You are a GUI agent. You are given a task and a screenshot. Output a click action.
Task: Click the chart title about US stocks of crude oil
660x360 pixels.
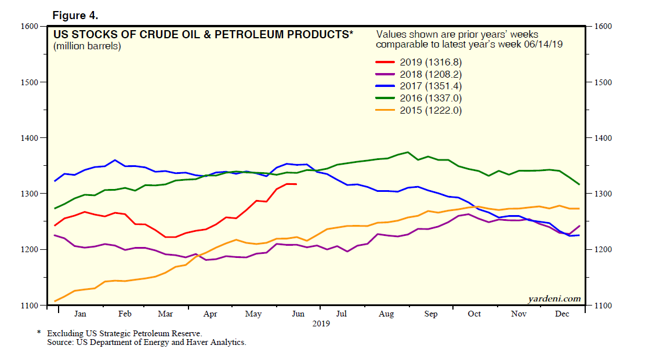[202, 35]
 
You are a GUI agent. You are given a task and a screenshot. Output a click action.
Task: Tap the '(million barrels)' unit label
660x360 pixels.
[87, 46]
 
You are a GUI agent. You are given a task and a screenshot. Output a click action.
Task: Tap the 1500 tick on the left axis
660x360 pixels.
[29, 82]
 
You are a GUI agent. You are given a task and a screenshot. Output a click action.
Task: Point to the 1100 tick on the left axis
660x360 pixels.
[29, 306]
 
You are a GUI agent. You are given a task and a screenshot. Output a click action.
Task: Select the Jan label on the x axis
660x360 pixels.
[80, 314]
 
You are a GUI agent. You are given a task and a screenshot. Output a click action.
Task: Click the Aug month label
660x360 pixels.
[386, 314]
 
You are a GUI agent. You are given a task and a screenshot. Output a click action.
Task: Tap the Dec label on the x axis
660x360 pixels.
[561, 314]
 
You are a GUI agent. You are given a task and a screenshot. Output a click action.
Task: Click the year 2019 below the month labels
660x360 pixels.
[320, 323]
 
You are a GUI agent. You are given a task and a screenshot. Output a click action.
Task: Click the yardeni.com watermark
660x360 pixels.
[554, 299]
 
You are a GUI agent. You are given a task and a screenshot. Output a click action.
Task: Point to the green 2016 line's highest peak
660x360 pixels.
[408, 152]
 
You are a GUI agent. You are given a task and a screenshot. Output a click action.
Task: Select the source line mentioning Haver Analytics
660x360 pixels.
[147, 343]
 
